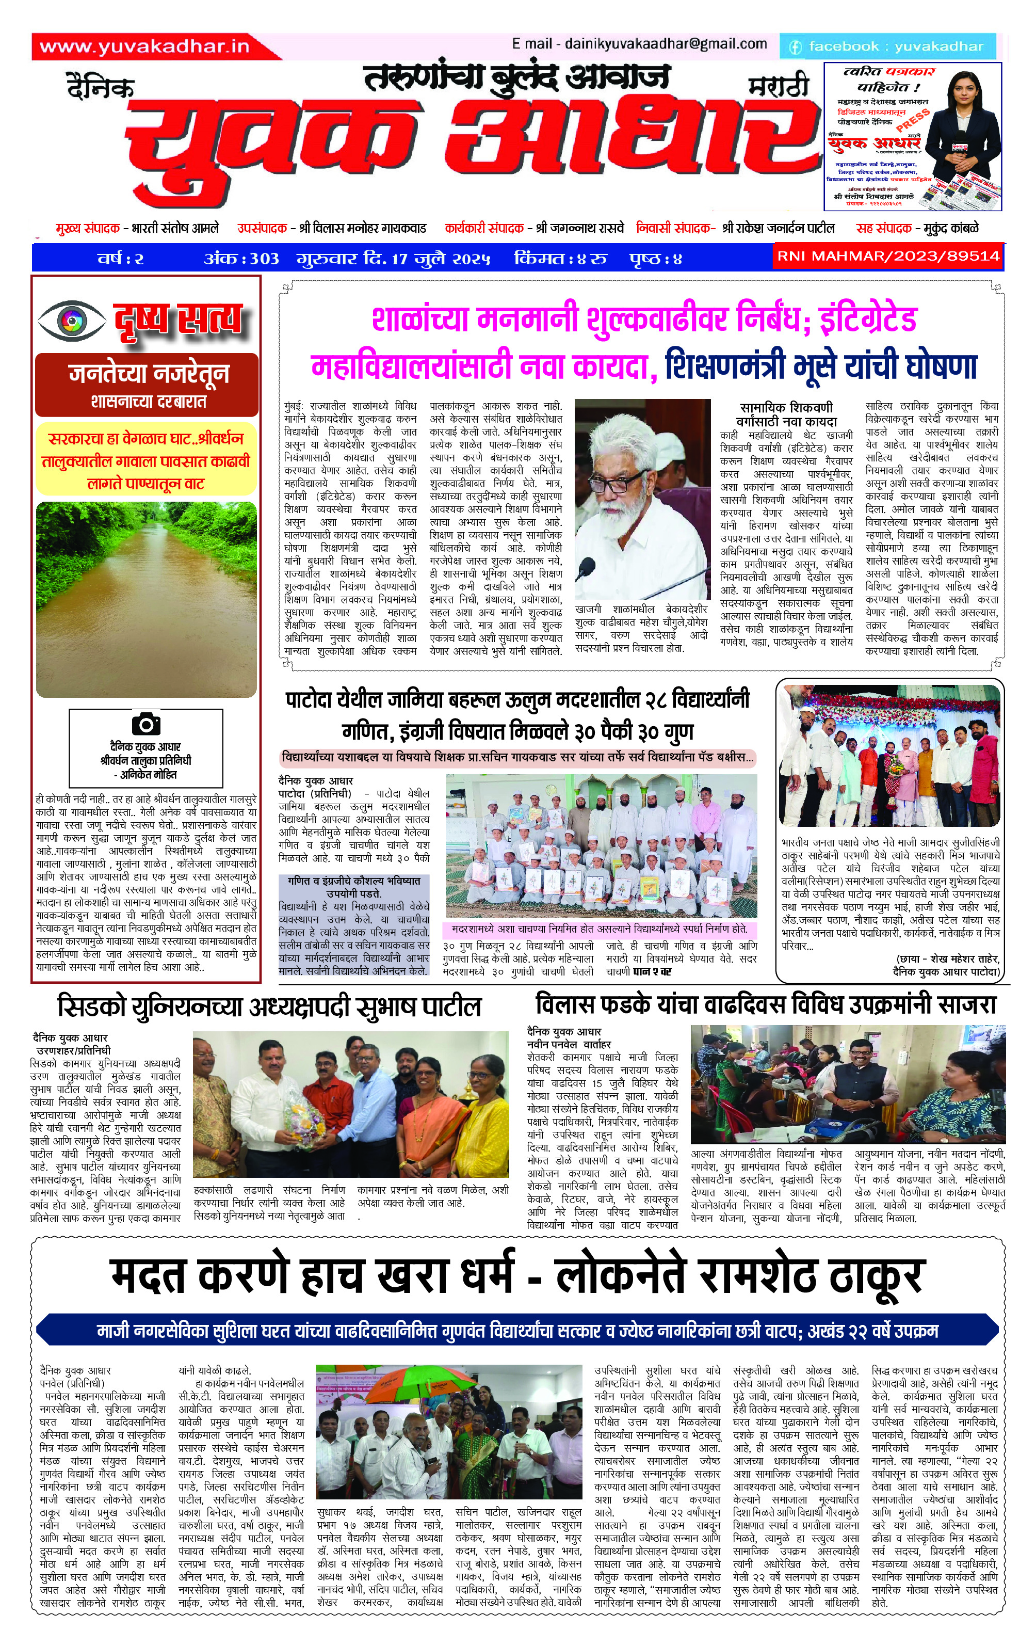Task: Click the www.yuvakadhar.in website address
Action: (144, 46)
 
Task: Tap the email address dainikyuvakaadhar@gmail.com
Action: (640, 44)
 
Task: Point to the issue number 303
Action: (264, 259)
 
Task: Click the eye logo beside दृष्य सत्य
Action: (72, 319)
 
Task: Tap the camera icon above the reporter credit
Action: (145, 724)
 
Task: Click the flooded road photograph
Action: (146, 599)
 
